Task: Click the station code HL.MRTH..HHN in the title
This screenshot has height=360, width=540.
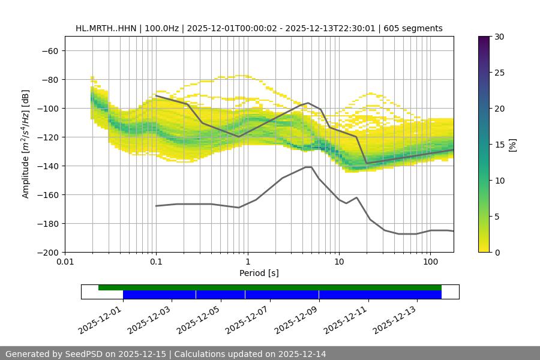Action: (106, 28)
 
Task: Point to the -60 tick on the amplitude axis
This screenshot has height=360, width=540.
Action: (50, 50)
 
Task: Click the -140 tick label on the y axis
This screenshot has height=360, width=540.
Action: (47, 166)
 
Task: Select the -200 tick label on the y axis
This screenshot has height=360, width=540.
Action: (47, 252)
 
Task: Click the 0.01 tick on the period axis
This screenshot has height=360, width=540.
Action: (65, 262)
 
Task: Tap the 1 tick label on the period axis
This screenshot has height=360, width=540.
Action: (247, 262)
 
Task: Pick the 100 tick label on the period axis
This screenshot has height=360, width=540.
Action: (430, 262)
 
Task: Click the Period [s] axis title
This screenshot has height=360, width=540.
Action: (259, 273)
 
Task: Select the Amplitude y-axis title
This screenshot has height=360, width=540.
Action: (26, 144)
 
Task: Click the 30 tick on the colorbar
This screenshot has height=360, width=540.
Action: (499, 37)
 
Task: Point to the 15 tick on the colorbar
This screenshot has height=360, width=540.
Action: (499, 144)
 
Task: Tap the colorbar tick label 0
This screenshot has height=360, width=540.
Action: (496, 252)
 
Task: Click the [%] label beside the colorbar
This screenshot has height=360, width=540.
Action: (512, 145)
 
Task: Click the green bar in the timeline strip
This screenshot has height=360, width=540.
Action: (270, 287)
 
